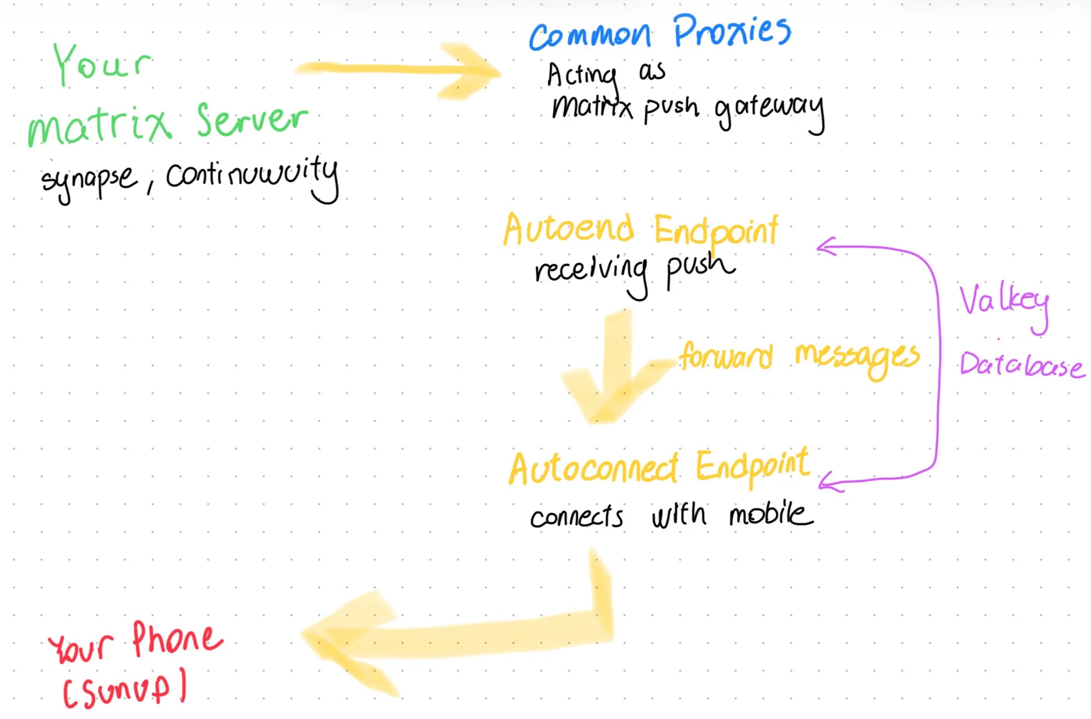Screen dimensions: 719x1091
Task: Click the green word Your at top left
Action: (x=101, y=64)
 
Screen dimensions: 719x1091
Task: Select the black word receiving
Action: (x=592, y=272)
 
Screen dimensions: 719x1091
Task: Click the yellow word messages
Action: (x=857, y=356)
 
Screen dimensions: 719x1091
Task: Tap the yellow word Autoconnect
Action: (x=594, y=469)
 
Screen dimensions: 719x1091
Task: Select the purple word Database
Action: (x=1022, y=365)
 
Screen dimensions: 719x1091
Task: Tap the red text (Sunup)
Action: (x=124, y=688)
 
